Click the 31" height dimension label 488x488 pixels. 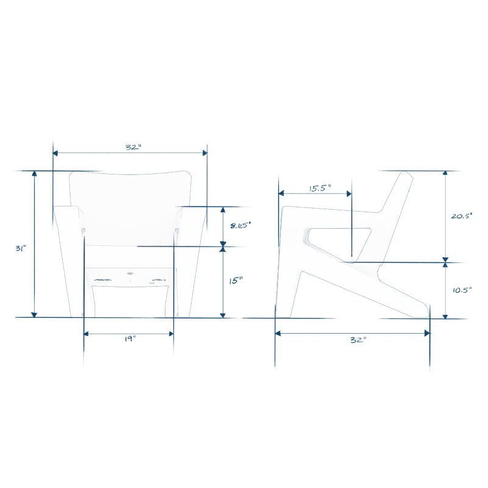(21, 248)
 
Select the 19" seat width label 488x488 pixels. (130, 339)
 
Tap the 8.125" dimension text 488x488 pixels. (240, 225)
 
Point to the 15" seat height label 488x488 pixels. (235, 281)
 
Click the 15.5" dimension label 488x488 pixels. (320, 188)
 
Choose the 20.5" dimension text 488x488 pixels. (462, 216)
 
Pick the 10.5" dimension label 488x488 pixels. (462, 290)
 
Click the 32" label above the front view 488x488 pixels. (134, 147)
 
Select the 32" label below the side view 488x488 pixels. (359, 340)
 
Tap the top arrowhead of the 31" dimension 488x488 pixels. (35, 173)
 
